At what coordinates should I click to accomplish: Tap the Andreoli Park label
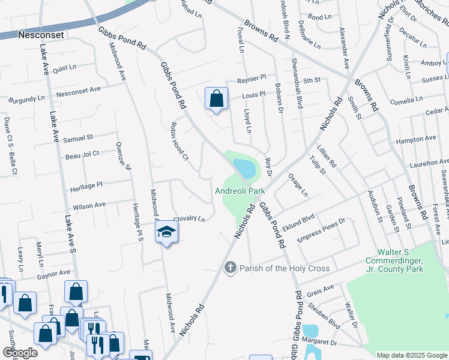pyautogui.click(x=240, y=191)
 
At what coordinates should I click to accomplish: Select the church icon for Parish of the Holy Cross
pyautogui.click(x=230, y=268)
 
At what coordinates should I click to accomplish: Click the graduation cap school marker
pyautogui.click(x=167, y=232)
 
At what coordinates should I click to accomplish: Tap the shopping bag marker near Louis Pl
pyautogui.click(x=216, y=98)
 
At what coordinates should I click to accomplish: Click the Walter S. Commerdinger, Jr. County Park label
pyautogui.click(x=400, y=260)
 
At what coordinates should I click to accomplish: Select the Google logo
pyautogui.click(x=20, y=353)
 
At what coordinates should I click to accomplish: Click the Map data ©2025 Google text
pyautogui.click(x=412, y=355)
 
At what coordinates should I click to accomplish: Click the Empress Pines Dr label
pyautogui.click(x=326, y=229)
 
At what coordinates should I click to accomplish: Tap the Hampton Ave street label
pyautogui.click(x=416, y=139)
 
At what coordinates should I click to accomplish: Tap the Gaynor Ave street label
pyautogui.click(x=53, y=274)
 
